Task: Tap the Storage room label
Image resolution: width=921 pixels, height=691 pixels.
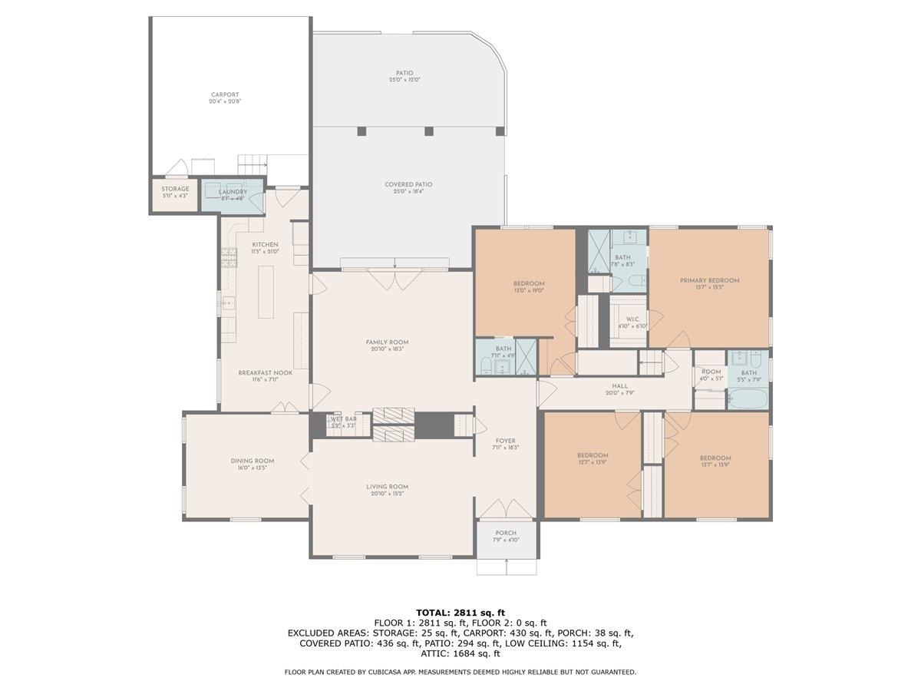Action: point(174,189)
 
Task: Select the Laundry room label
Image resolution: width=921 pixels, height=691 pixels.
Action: point(233,192)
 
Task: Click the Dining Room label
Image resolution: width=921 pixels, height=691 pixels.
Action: point(252,461)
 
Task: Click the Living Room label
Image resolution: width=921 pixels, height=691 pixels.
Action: point(387,486)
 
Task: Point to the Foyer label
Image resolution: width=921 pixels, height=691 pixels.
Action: point(506,441)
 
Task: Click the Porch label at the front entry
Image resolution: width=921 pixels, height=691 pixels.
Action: point(506,533)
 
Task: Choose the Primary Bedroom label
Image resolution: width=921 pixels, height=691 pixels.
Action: point(709,280)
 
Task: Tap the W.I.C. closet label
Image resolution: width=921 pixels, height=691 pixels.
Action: point(633,319)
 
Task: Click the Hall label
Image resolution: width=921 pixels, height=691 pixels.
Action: point(619,386)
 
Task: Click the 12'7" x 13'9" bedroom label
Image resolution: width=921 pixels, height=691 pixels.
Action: point(593,455)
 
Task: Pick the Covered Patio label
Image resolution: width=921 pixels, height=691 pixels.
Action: point(408,184)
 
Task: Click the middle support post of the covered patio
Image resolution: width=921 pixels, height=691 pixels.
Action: point(429,131)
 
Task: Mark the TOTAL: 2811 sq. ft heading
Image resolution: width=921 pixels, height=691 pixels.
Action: point(460,612)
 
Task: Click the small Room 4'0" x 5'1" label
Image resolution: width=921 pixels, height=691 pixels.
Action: point(711,372)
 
